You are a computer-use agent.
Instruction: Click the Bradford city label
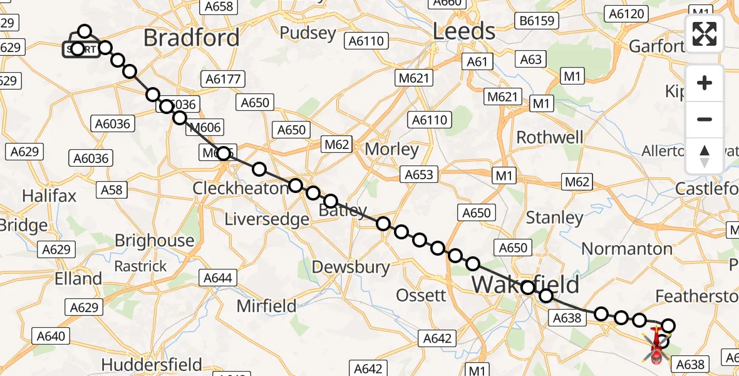pyautogui.click(x=191, y=38)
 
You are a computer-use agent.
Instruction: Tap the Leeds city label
pyautogui.click(x=464, y=31)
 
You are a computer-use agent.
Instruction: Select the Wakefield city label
pyautogui.click(x=525, y=284)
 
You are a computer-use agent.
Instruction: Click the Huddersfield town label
pyautogui.click(x=152, y=364)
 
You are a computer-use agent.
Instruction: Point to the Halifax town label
pyautogui.click(x=49, y=196)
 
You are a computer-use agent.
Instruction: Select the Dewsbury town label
pyautogui.click(x=351, y=267)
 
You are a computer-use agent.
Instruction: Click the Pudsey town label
pyautogui.click(x=307, y=33)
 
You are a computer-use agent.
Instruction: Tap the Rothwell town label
pyautogui.click(x=549, y=137)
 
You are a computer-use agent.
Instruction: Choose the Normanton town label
pyautogui.click(x=627, y=249)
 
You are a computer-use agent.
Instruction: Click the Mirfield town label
pyautogui.click(x=266, y=306)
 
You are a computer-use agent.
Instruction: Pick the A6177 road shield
pyautogui.click(x=223, y=79)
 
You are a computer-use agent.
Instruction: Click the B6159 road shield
pyautogui.click(x=537, y=21)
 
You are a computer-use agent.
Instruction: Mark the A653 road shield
pyautogui.click(x=419, y=174)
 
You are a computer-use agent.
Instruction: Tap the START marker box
pyautogui.click(x=81, y=50)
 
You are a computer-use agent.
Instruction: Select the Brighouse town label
pyautogui.click(x=154, y=241)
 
